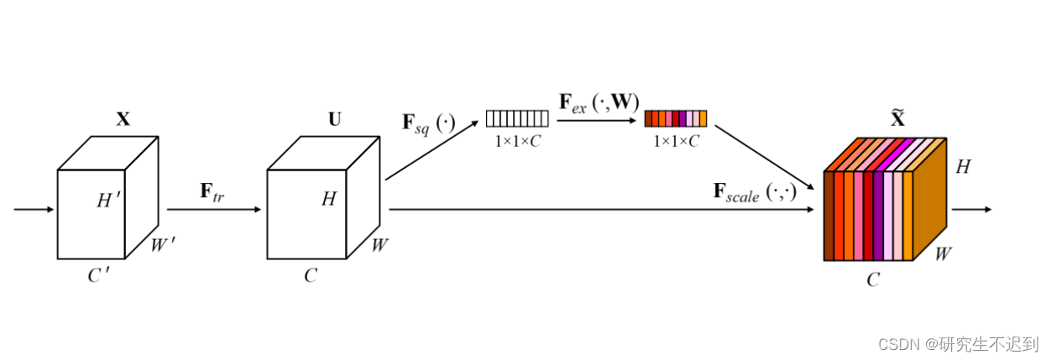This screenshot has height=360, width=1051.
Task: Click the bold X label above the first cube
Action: pos(123,119)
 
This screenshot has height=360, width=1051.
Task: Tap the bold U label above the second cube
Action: pos(334,119)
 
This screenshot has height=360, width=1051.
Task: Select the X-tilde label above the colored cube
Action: pos(897,119)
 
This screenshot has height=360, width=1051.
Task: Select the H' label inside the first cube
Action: pos(109,200)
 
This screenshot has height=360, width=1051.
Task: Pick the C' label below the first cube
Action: pos(99,275)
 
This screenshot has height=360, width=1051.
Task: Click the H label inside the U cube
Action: pos(329,199)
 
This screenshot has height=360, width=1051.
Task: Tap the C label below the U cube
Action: pos(311,275)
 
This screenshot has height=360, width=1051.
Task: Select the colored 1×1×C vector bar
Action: pos(676,118)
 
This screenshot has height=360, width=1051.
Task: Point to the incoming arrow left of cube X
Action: pos(34,209)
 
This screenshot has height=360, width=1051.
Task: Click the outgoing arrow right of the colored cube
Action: pos(971,209)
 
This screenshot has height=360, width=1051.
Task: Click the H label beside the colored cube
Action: pos(963,168)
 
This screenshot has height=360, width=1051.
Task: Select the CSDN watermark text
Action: pos(957,343)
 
